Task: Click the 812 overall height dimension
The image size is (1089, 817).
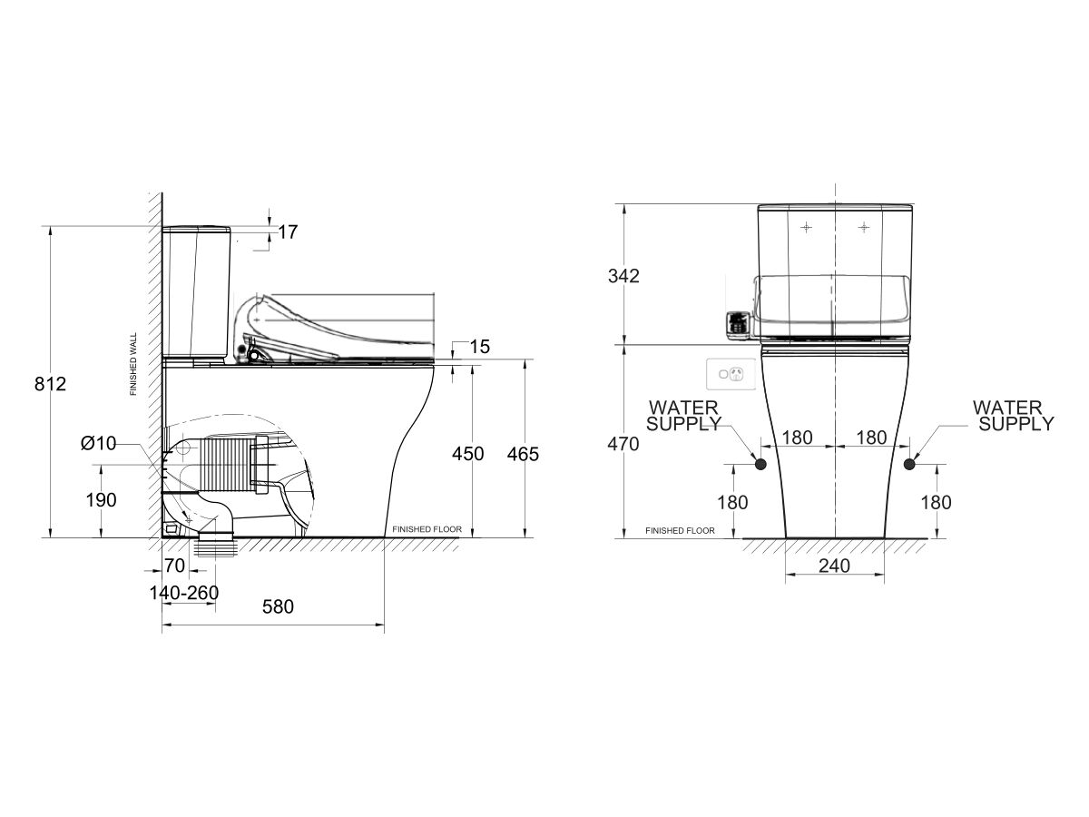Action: (50, 384)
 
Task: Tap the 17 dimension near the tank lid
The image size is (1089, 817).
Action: (288, 231)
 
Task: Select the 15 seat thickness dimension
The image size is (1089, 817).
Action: (480, 347)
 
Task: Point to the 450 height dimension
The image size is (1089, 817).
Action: (468, 453)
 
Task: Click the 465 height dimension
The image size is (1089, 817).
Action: (523, 454)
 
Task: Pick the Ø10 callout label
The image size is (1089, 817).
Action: (98, 443)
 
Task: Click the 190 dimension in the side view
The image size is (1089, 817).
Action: (102, 500)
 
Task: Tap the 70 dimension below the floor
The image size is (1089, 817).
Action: (174, 565)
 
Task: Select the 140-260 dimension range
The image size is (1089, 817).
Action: (184, 592)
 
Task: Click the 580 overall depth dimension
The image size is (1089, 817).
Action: (278, 606)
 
